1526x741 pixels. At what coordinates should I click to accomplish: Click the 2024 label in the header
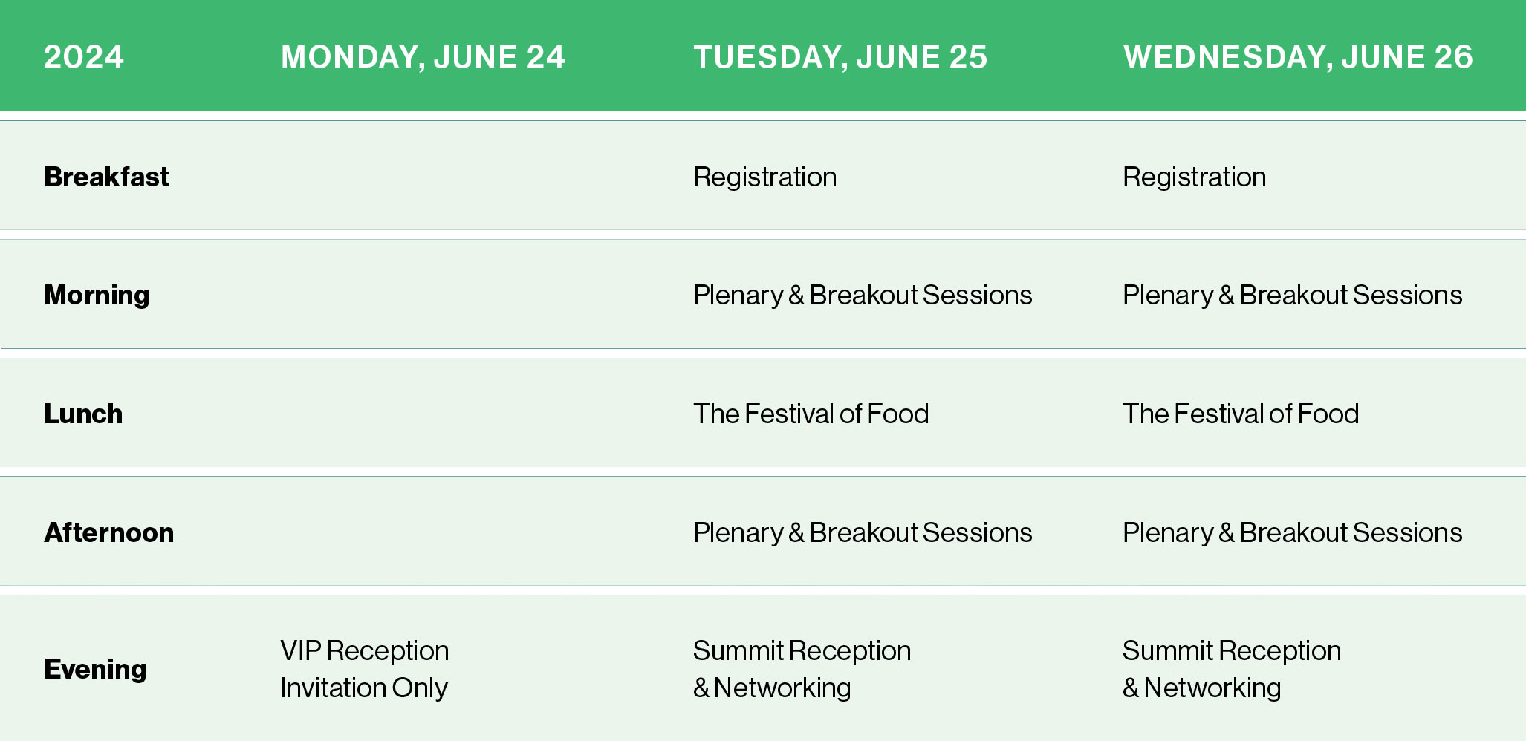pyautogui.click(x=84, y=57)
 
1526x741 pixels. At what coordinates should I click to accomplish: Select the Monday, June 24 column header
pyautogui.click(x=423, y=57)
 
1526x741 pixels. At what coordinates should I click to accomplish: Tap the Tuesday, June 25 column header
pyautogui.click(x=840, y=57)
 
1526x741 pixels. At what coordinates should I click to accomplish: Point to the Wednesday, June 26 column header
pyautogui.click(x=1298, y=57)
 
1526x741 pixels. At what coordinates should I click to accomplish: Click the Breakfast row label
pyautogui.click(x=106, y=177)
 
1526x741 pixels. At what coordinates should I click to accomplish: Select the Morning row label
pyautogui.click(x=97, y=296)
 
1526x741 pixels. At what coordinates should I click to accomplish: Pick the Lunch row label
pyautogui.click(x=83, y=414)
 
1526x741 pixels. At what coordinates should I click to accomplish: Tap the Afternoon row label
pyautogui.click(x=108, y=532)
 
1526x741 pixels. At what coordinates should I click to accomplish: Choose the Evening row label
pyautogui.click(x=95, y=669)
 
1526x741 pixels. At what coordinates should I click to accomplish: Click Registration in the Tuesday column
pyautogui.click(x=764, y=177)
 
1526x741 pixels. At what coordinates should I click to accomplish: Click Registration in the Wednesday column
pyautogui.click(x=1194, y=177)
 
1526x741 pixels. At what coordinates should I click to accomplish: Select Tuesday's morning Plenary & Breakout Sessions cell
pyautogui.click(x=863, y=296)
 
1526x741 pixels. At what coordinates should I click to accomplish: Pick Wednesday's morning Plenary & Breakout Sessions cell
pyautogui.click(x=1292, y=296)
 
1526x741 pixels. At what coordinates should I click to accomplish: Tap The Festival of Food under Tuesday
pyautogui.click(x=811, y=414)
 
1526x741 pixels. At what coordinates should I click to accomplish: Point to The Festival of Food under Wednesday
pyautogui.click(x=1240, y=414)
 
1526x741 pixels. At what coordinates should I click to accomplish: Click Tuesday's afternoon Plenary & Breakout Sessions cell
pyautogui.click(x=863, y=532)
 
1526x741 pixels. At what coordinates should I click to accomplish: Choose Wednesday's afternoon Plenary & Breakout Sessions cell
pyautogui.click(x=1292, y=532)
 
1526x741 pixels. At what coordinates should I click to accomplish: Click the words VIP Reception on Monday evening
pyautogui.click(x=364, y=650)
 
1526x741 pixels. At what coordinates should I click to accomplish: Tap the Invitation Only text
pyautogui.click(x=364, y=688)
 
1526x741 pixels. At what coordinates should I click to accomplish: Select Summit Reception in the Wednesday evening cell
pyautogui.click(x=1232, y=650)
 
